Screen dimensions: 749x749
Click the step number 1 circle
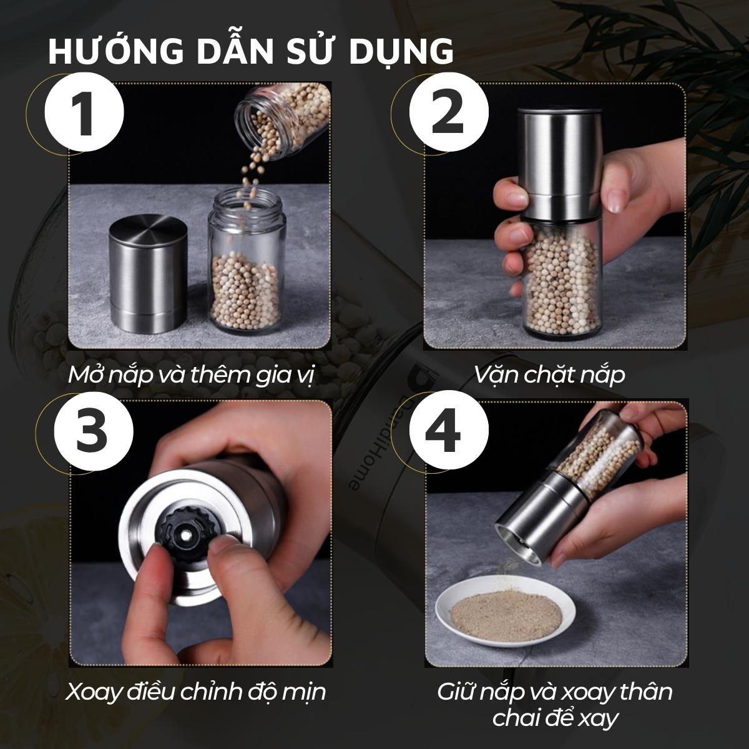[x=84, y=113]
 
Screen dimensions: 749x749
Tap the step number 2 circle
[x=449, y=113]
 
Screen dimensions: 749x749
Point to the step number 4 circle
[x=449, y=430]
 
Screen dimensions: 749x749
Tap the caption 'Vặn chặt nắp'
[x=549, y=374]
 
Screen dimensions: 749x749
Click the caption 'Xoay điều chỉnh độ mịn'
[x=195, y=692]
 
